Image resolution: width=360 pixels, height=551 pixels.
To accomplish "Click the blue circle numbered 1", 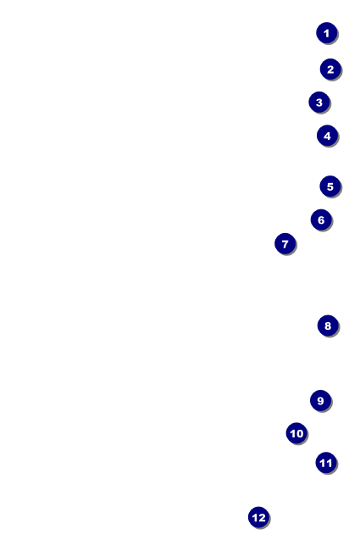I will pyautogui.click(x=327, y=33).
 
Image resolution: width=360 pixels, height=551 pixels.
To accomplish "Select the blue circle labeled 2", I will pyautogui.click(x=330, y=70).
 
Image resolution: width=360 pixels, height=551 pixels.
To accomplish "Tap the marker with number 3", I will pyautogui.click(x=318, y=103).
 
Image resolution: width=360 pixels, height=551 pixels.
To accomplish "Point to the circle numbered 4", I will pyautogui.click(x=327, y=136).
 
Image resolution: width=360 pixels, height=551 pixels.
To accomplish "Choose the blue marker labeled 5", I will pyautogui.click(x=330, y=186).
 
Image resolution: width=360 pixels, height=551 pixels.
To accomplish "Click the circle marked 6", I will pyautogui.click(x=320, y=220).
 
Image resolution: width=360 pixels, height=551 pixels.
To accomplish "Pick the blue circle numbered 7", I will pyautogui.click(x=285, y=244).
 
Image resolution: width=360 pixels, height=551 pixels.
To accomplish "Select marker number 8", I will pyautogui.click(x=328, y=326).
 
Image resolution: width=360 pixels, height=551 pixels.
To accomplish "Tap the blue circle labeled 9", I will pyautogui.click(x=319, y=401).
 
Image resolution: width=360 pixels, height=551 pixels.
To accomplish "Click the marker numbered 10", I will pyautogui.click(x=296, y=434).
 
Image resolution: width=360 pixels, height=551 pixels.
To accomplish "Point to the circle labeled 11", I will pyautogui.click(x=326, y=463).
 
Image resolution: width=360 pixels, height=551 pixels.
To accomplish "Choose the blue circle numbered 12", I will pyautogui.click(x=258, y=517).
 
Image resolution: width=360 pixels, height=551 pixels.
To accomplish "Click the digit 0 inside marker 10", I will pyautogui.click(x=300, y=434).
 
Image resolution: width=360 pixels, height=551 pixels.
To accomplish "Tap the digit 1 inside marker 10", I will pyautogui.click(x=292, y=434).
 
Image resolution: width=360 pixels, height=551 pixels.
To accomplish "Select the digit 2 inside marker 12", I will pyautogui.click(x=262, y=517).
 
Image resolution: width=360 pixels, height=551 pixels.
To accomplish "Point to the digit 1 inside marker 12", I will pyautogui.click(x=254, y=517).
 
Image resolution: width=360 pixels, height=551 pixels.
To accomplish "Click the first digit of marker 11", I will pyautogui.click(x=323, y=463).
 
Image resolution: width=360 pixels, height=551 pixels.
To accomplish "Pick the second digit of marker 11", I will pyautogui.click(x=330, y=463).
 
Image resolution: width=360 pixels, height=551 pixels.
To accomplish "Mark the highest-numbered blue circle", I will pyautogui.click(x=258, y=517).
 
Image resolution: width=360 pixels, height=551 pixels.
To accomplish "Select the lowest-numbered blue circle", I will pyautogui.click(x=327, y=33).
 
